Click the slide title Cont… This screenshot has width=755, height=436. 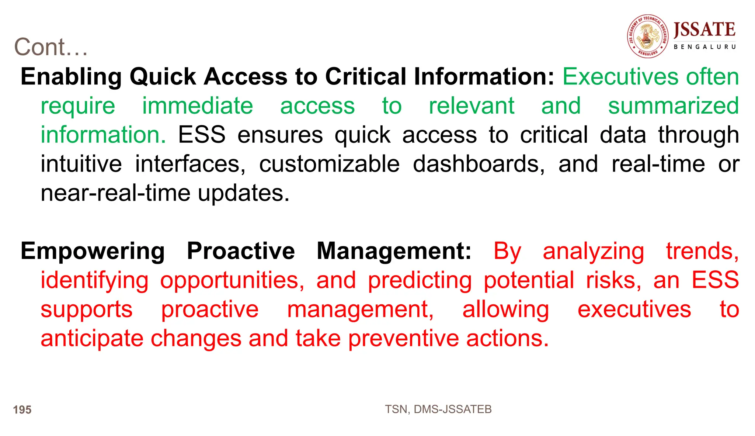pos(51,47)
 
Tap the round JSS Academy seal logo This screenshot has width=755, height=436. pos(648,37)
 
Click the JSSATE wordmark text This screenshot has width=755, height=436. pos(704,30)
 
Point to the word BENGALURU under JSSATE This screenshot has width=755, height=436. pos(704,47)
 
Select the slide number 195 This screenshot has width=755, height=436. pos(22,410)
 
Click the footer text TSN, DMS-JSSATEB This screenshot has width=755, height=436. pos(438,409)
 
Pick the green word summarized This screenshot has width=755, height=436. pos(673,106)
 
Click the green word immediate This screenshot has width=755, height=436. pos(198,106)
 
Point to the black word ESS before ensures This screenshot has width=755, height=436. pos(202,135)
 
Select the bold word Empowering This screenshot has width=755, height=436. pos(93,251)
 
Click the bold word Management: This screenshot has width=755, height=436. pos(394,251)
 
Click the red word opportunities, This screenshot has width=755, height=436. pos(232,281)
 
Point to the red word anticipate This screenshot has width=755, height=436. pos(92,339)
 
